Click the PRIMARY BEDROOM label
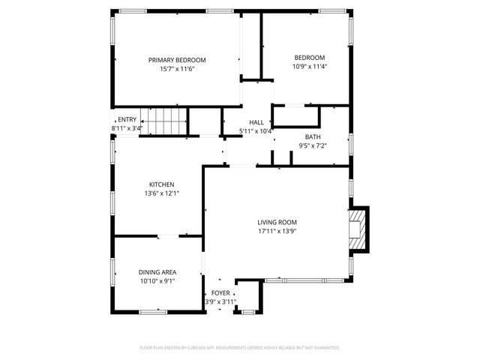click(176, 60)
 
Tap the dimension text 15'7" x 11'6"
click(176, 69)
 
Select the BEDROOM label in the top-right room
click(309, 58)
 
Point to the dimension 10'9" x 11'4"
click(309, 66)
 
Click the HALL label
click(256, 122)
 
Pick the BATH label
click(312, 136)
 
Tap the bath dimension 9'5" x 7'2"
click(312, 145)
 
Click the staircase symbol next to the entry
click(165, 121)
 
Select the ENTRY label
click(127, 120)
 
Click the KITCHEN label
click(161, 184)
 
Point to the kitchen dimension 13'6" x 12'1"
click(161, 193)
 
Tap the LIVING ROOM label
click(277, 222)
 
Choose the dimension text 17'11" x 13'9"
click(277, 231)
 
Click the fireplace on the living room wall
click(358, 228)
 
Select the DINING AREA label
click(157, 272)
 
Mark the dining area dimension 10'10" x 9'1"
click(157, 281)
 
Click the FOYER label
click(220, 293)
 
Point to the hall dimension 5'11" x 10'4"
click(256, 131)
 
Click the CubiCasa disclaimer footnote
click(240, 347)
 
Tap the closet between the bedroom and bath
click(296, 116)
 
